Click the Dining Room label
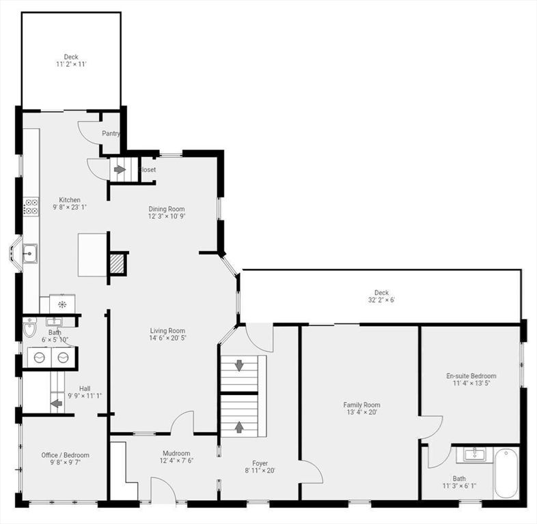167,209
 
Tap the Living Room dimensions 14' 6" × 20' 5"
168,337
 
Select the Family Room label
361,405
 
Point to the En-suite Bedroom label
471,375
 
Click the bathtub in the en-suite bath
506,472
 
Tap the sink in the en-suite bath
473,454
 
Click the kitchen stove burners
31,207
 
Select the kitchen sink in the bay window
29,254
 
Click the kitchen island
92,254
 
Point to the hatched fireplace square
118,263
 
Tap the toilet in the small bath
29,330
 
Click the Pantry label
111,134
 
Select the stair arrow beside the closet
120,169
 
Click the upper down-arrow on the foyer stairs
239,366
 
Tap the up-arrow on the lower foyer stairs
239,426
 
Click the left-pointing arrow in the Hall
57,403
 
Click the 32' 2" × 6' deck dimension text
381,300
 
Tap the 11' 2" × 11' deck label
71,64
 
